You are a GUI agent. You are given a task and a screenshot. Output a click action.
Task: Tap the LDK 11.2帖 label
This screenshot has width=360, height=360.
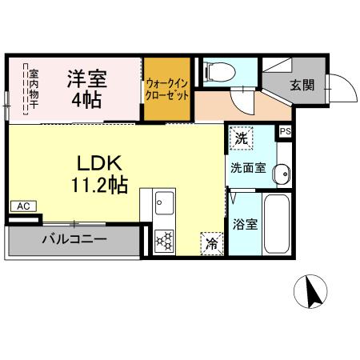pos(98,173)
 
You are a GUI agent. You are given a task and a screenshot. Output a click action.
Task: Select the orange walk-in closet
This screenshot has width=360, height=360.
pos(166,89)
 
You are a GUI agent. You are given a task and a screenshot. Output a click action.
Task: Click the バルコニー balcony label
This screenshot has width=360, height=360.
pos(74,239)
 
